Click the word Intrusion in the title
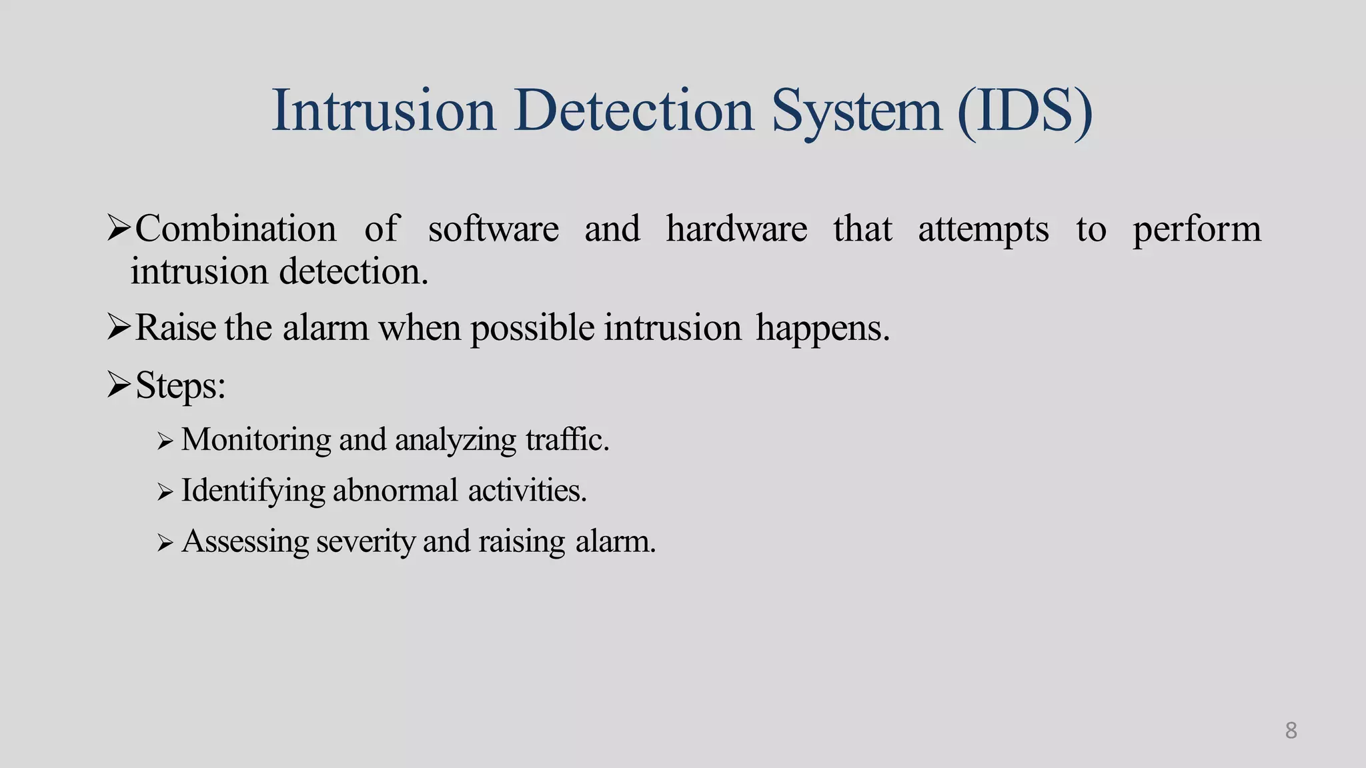pyautogui.click(x=384, y=110)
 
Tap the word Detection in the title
pyautogui.click(x=634, y=110)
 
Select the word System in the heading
pyautogui.click(x=856, y=110)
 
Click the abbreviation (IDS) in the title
pyautogui.click(x=1024, y=110)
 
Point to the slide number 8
pyautogui.click(x=1291, y=730)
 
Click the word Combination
pyautogui.click(x=235, y=229)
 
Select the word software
pyautogui.click(x=493, y=229)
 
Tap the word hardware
pyautogui.click(x=736, y=229)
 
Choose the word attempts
pyautogui.click(x=983, y=230)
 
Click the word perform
pyautogui.click(x=1197, y=230)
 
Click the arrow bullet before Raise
pyautogui.click(x=119, y=327)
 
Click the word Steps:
pyautogui.click(x=180, y=385)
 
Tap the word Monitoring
pyautogui.click(x=255, y=440)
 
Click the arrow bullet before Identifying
pyautogui.click(x=165, y=492)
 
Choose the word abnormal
pyautogui.click(x=395, y=491)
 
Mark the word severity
pyautogui.click(x=366, y=541)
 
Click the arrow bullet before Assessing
pyautogui.click(x=165, y=543)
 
